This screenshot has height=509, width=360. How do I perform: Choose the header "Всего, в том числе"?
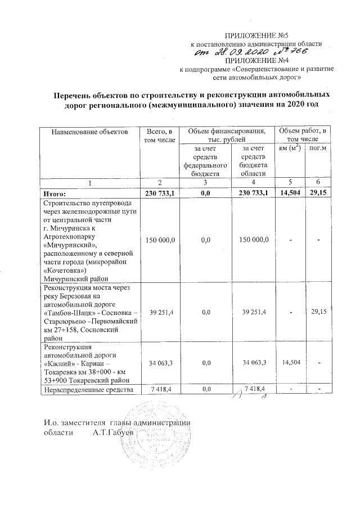click(160, 135)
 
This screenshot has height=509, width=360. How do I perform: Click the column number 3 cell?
click(205, 183)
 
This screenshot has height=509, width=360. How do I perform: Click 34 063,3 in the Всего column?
click(160, 363)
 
